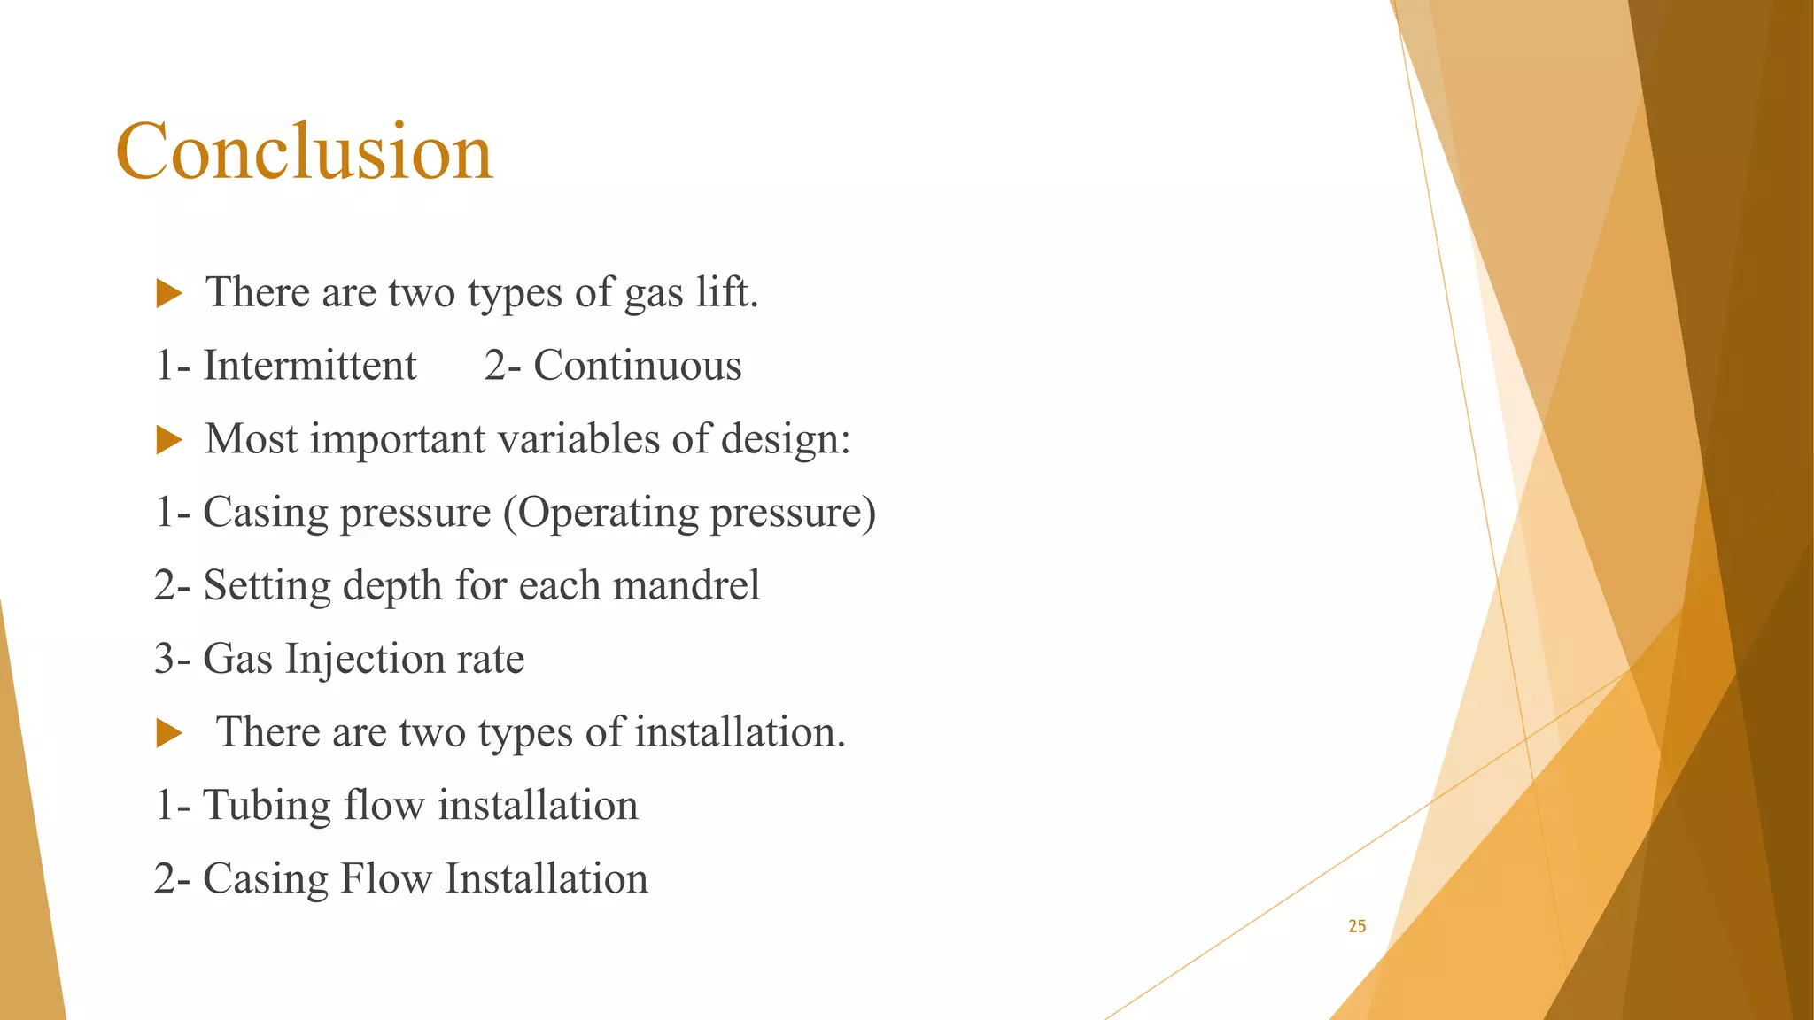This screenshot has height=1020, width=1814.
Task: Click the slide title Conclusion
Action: [x=304, y=151]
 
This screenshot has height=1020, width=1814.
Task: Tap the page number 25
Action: [x=1357, y=926]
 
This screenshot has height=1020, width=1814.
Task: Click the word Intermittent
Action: [x=310, y=366]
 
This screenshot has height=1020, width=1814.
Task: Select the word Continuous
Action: [x=637, y=366]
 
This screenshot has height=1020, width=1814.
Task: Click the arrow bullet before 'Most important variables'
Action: [x=168, y=440]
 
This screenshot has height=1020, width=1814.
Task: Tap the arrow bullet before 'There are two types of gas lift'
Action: [x=168, y=293]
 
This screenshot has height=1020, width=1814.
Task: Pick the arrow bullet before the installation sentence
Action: [x=168, y=733]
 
